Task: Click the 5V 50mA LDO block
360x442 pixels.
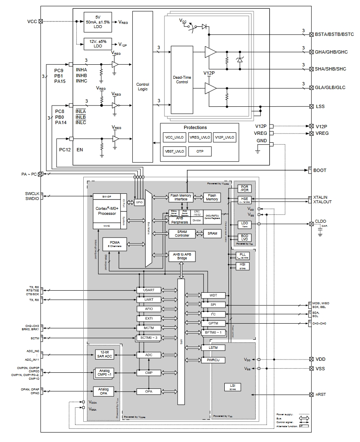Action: click(98, 23)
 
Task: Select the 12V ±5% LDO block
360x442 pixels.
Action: click(98, 44)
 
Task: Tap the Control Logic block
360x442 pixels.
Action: click(142, 87)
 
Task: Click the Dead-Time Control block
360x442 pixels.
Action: click(182, 79)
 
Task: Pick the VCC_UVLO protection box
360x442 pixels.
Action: click(174, 137)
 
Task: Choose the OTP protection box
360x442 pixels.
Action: click(200, 151)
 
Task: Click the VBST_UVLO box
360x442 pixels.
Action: click(174, 151)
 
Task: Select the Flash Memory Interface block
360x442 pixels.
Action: click(181, 197)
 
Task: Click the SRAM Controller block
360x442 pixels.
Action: click(182, 233)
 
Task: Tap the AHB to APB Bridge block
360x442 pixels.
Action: click(182, 256)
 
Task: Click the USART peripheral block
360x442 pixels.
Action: click(149, 290)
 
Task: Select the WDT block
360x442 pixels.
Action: click(213, 295)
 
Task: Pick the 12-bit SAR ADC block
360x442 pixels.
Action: click(104, 354)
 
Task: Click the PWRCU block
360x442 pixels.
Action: click(213, 360)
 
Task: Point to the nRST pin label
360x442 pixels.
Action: click(320, 395)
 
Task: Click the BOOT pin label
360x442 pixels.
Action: click(320, 170)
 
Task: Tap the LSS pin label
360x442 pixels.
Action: click(320, 106)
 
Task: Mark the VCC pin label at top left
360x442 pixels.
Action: click(32, 21)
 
